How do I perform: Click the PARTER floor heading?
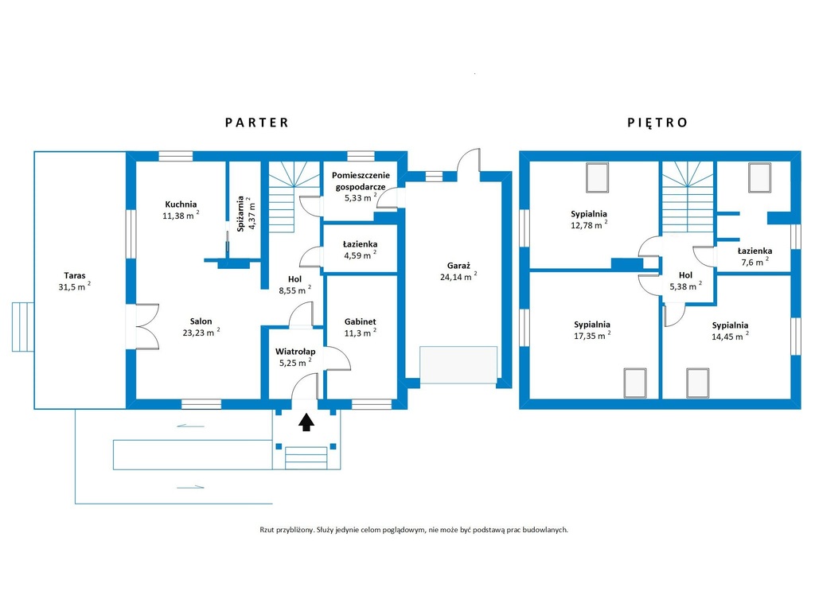(x=257, y=123)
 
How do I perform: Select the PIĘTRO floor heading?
(x=657, y=123)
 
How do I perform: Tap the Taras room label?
(x=75, y=276)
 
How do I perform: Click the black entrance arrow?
(x=306, y=422)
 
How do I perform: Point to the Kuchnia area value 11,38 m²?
(x=181, y=215)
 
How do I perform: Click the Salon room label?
(x=201, y=321)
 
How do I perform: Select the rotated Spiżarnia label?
(x=240, y=213)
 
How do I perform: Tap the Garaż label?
(x=458, y=266)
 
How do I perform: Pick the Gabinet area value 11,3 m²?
(x=360, y=333)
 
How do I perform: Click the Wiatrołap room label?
(x=295, y=352)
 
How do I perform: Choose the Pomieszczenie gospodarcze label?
(x=361, y=181)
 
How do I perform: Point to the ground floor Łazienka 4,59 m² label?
(x=361, y=250)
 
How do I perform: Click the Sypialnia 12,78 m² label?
(x=589, y=220)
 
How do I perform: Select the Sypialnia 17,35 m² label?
(x=592, y=330)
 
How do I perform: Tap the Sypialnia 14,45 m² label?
(x=731, y=331)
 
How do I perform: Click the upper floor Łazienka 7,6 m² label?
(x=755, y=256)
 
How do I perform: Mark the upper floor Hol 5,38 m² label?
(x=685, y=281)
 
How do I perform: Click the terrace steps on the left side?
(x=23, y=327)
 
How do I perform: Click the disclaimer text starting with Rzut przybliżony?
(x=414, y=530)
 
